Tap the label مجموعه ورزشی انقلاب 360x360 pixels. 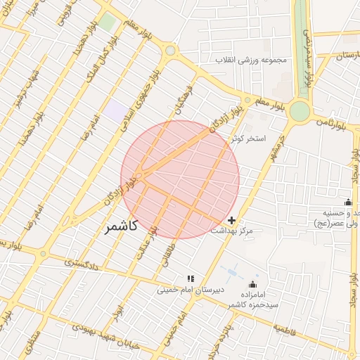[252, 60]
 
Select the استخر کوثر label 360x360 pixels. [250, 139]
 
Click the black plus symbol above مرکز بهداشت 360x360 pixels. [232, 220]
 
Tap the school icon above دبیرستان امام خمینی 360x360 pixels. [189, 278]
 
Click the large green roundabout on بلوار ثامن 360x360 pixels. [300, 110]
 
